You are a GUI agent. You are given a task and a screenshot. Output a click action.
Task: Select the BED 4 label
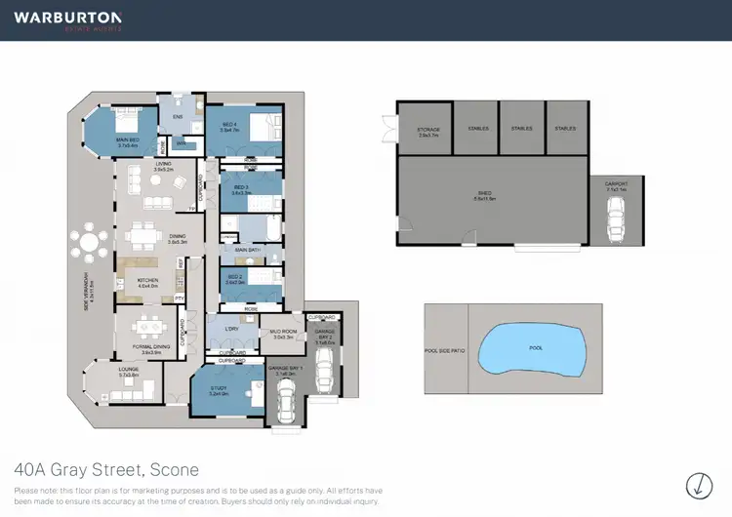pos(228,125)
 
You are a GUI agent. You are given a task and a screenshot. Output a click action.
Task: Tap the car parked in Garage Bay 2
pos(326,367)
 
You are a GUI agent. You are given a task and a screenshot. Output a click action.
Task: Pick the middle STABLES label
pos(521,129)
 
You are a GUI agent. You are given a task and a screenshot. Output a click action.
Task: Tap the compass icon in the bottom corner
pos(699,484)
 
